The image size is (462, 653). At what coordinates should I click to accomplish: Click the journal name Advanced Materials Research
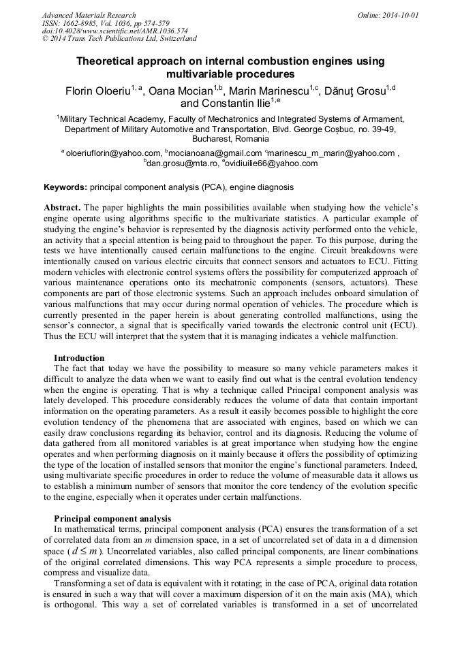89,15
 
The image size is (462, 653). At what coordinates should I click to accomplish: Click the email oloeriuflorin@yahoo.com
114,153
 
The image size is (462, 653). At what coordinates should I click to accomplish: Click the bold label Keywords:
65,186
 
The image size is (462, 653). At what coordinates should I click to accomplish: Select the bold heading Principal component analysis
112,518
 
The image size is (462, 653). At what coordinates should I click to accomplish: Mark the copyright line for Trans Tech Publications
119,39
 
